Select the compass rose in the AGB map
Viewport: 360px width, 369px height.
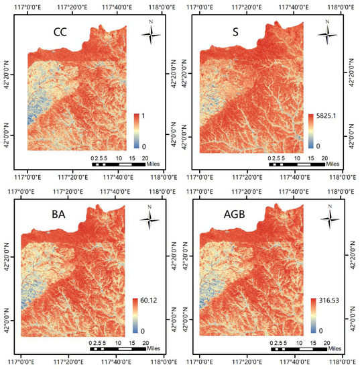(328, 216)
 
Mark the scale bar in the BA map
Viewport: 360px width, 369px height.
(117, 349)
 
